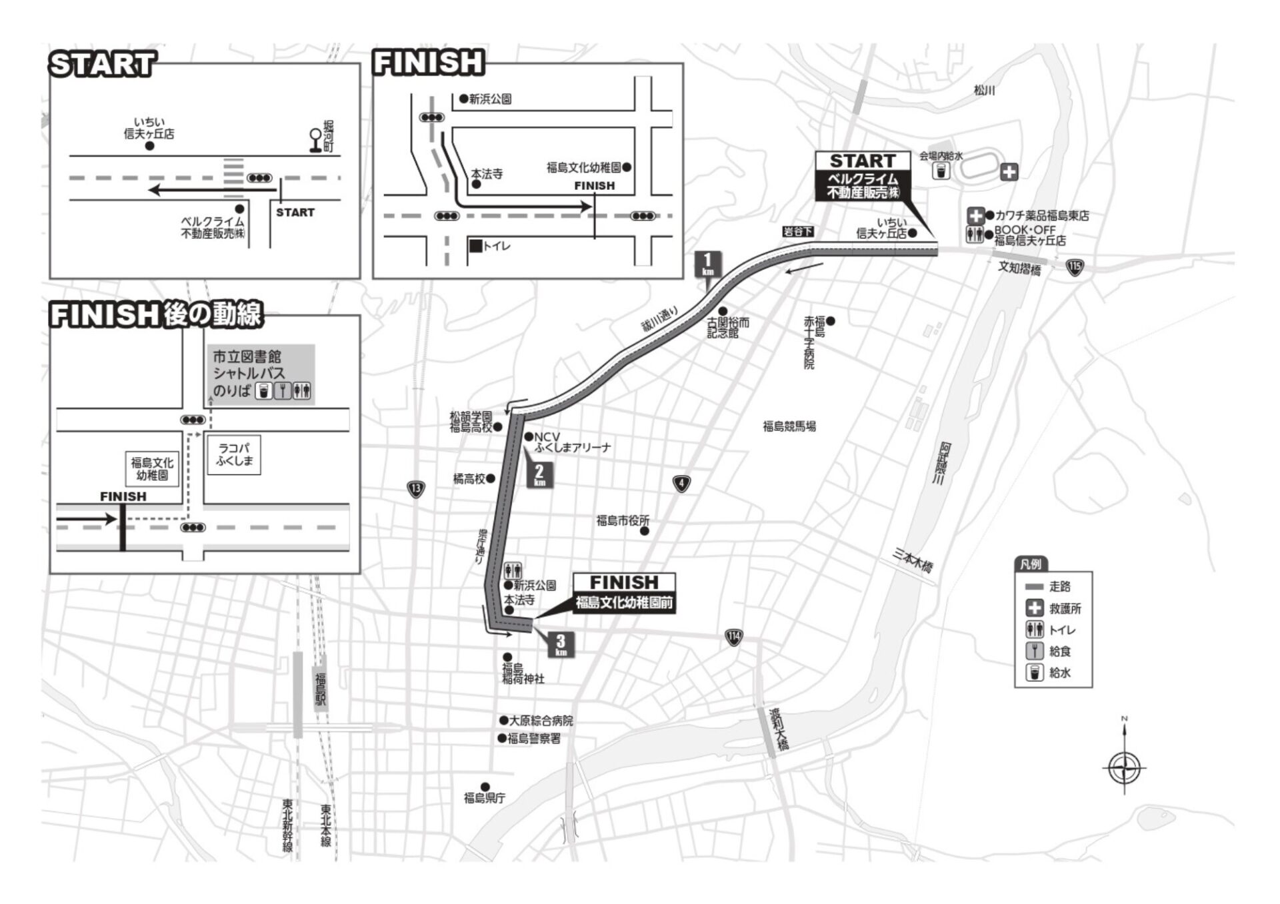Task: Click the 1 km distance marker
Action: pos(707,264)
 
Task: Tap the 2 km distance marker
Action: pos(539,474)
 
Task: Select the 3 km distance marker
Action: pos(561,644)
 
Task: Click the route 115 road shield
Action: pos(1074,268)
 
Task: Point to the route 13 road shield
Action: pos(415,490)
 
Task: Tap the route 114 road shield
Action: pos(733,637)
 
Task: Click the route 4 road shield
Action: pos(681,484)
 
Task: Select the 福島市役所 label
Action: pos(622,521)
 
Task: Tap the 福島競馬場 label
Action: pos(789,426)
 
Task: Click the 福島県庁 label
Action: pos(485,797)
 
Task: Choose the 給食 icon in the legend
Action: pos(1035,651)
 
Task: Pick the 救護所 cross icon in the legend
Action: pos(1035,608)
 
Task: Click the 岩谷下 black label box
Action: pos(798,231)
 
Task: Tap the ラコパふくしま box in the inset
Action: pos(234,455)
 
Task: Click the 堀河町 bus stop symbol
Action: pos(315,140)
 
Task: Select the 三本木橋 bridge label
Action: pos(913,561)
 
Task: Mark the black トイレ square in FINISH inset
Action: pos(475,246)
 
